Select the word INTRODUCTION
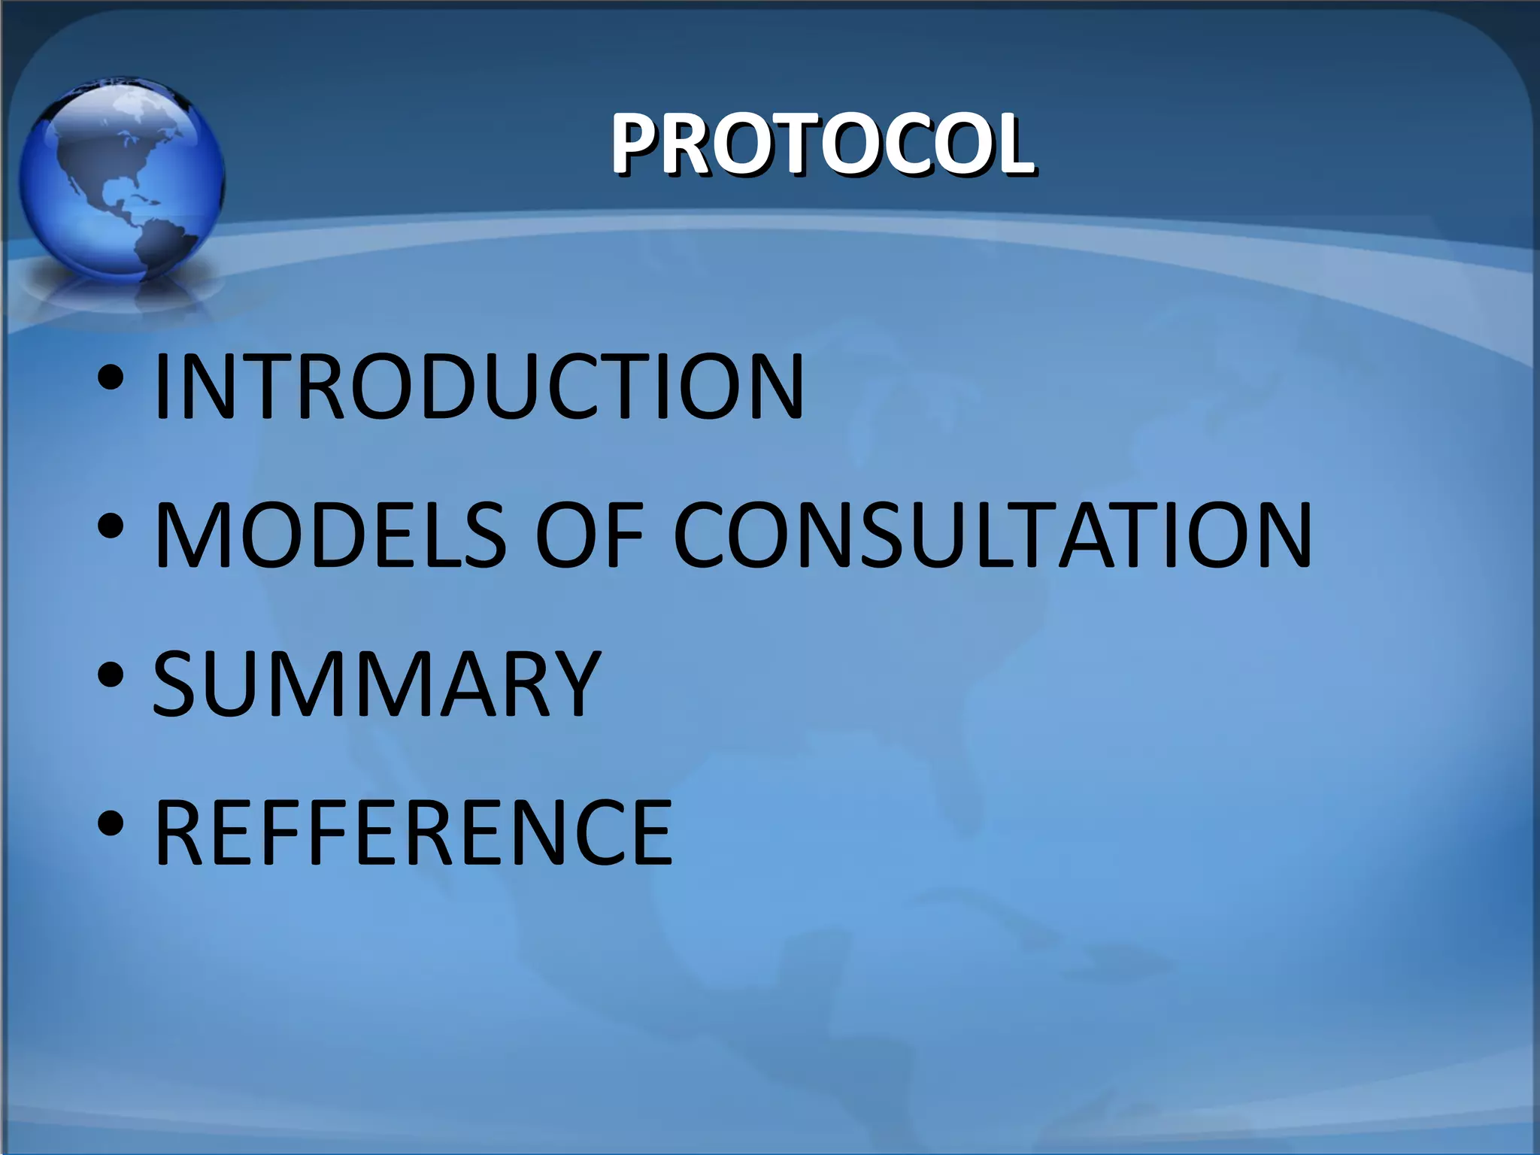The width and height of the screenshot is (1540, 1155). (x=478, y=387)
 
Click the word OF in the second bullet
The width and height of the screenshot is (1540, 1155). (x=589, y=535)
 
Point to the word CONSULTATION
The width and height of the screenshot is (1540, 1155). (x=992, y=535)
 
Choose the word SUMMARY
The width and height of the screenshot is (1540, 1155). (x=376, y=684)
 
